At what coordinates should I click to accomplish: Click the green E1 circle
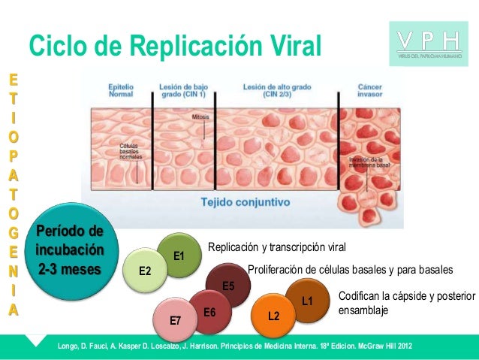point(179,256)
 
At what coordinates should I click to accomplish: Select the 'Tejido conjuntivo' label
point(246,202)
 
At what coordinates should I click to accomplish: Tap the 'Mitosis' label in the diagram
point(200,118)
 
